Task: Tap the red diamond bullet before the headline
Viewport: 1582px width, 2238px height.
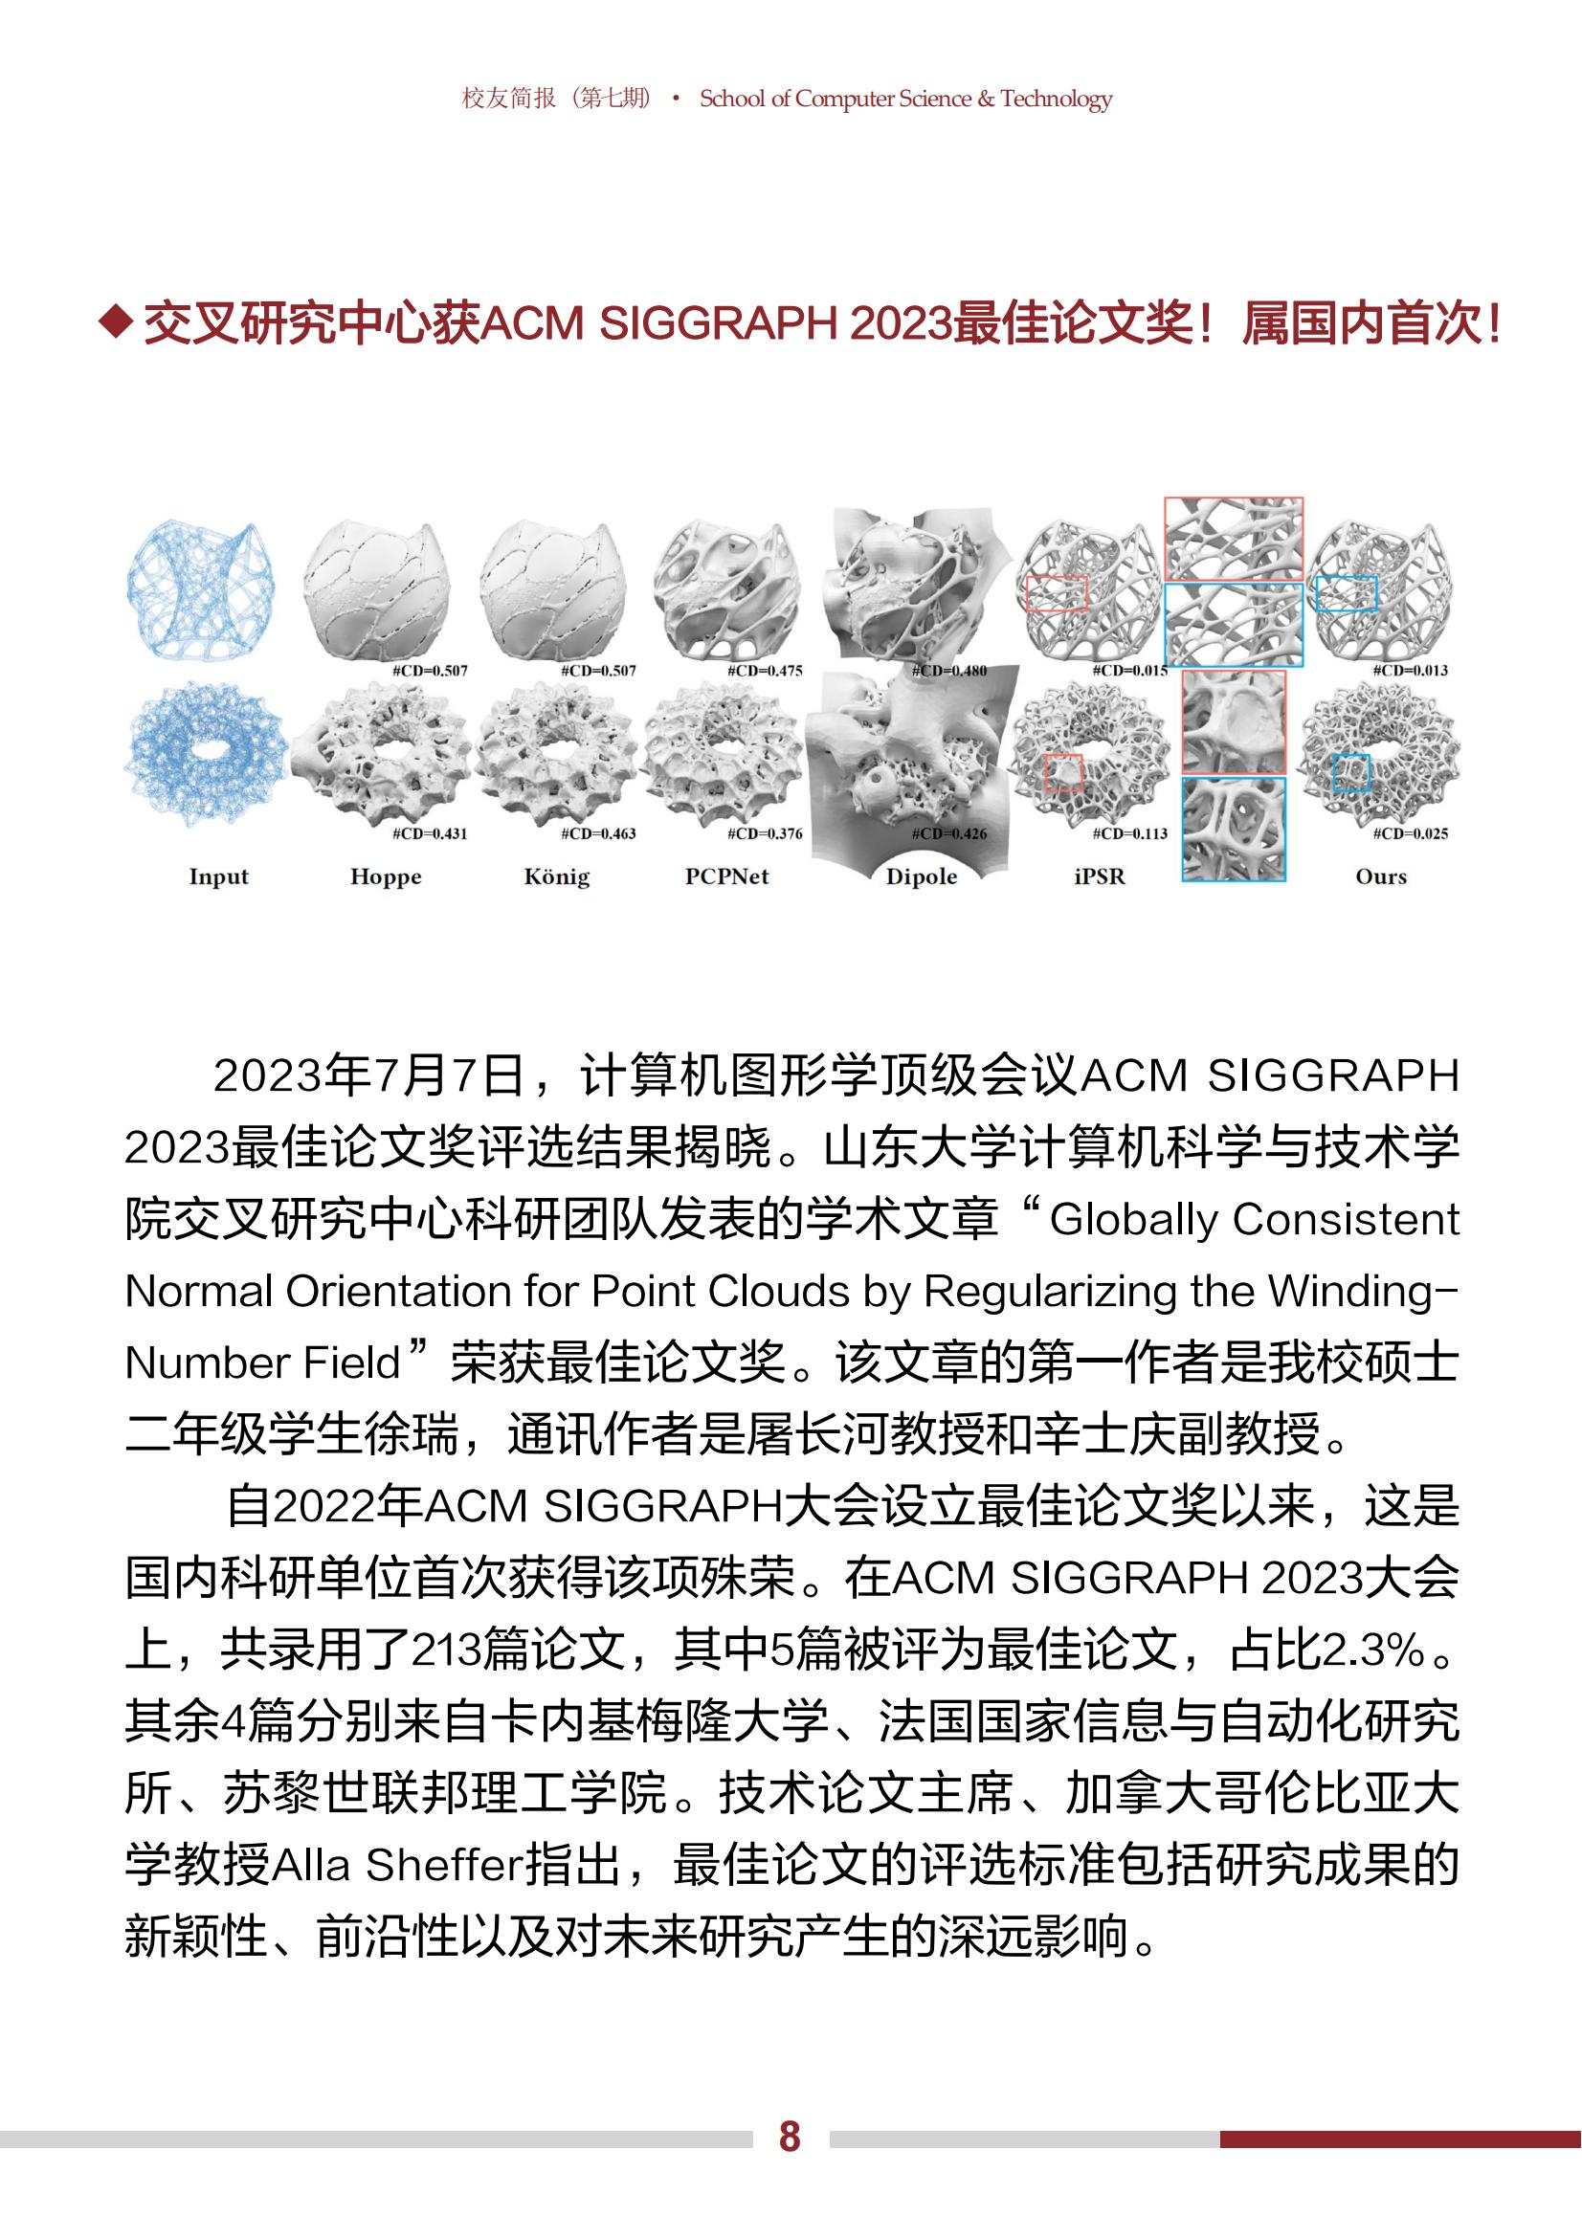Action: coord(117,323)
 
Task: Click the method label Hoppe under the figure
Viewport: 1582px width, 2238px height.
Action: coord(386,876)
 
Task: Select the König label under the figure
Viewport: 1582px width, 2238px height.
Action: coord(557,876)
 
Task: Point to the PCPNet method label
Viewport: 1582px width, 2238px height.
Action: coord(726,876)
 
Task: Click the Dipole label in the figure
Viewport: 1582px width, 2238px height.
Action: coord(921,876)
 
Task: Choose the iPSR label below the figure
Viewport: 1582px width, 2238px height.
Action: coord(1100,876)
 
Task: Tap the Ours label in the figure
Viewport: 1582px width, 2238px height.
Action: coord(1380,876)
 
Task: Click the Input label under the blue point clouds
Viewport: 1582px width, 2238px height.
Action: coord(218,876)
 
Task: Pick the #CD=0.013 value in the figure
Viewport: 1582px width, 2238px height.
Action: coord(1410,671)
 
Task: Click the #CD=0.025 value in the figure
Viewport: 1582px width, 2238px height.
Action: coord(1410,833)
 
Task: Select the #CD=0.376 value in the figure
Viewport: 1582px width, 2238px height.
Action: coord(766,833)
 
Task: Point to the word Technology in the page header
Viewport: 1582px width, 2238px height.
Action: coord(1056,99)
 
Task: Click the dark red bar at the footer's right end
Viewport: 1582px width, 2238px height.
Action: coord(1400,2138)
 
